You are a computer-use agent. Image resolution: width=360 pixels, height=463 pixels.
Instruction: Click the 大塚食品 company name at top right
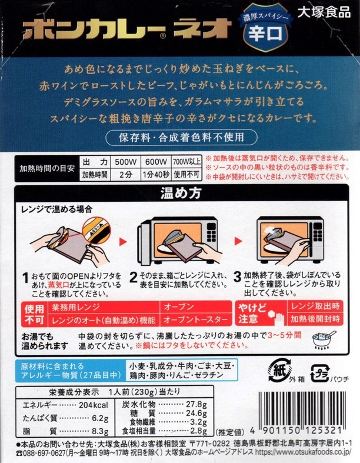pos(324,12)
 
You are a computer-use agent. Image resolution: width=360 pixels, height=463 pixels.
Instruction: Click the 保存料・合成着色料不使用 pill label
pos(181,138)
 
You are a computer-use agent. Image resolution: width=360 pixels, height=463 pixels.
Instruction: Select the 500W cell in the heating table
pos(126,162)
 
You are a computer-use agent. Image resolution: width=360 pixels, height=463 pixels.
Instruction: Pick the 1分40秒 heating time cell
pos(156,175)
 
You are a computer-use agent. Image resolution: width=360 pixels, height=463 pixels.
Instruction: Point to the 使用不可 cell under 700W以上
pos(186,175)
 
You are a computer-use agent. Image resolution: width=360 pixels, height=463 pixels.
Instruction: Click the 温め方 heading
pos(181,193)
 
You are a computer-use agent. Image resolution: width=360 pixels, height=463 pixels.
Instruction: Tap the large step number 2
pos(134,277)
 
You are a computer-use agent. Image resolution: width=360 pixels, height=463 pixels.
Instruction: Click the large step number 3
pos(238,277)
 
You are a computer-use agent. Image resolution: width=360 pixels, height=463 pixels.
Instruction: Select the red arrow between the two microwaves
pos(238,241)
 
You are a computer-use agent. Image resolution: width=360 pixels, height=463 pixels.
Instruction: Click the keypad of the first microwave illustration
pos(211,232)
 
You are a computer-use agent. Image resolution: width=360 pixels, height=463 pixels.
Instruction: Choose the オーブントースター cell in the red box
pos(195,320)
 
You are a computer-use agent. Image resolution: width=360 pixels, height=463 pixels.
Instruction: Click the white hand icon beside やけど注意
pos(276,318)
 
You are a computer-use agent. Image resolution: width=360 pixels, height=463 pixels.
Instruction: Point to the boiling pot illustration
pos(324,340)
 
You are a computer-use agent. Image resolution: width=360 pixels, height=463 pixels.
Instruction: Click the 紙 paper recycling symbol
pos(279,370)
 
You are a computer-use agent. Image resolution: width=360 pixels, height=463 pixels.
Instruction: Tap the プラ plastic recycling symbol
pos(320,374)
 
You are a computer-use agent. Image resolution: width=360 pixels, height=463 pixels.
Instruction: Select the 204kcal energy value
pos(94,405)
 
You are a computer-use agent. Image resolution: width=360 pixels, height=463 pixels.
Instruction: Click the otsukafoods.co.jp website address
pos(303,452)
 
